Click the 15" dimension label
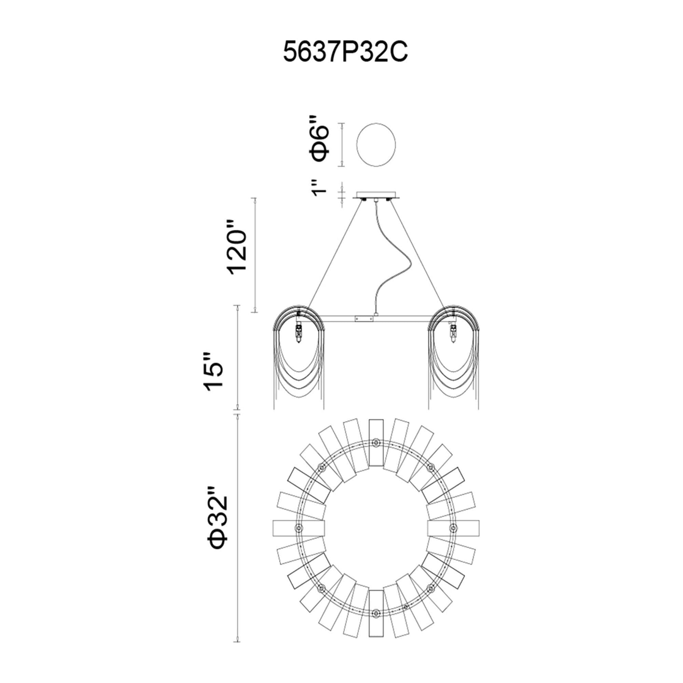(213, 371)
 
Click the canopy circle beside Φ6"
(376, 144)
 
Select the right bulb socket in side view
(453, 332)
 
